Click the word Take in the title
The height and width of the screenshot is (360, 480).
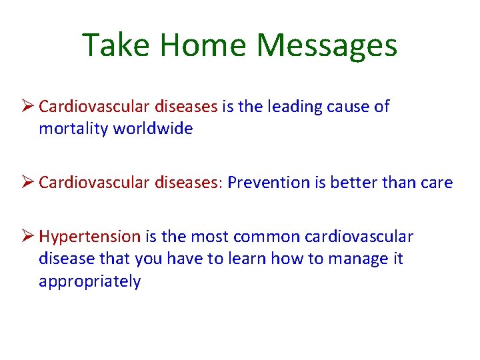coord(115,45)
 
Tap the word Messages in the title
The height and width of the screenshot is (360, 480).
coord(327,45)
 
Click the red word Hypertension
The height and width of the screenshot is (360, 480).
coord(90,237)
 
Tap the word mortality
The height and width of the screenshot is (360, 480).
coord(73,129)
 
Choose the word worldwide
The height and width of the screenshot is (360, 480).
coord(153,129)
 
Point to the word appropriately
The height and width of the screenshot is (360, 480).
coord(90,281)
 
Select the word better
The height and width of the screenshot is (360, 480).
coord(345,183)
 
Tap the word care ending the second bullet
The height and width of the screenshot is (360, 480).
coord(436,183)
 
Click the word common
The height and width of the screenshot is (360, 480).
coord(269,237)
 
